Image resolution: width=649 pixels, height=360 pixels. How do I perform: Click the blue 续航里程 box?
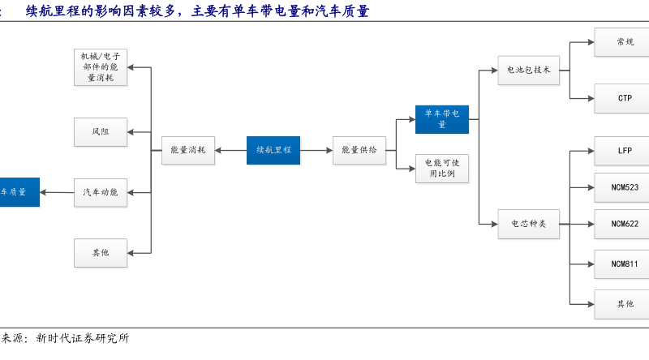click(273, 150)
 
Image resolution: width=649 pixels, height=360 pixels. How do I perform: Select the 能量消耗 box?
click(188, 150)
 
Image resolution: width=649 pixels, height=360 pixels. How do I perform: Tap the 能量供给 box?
click(359, 150)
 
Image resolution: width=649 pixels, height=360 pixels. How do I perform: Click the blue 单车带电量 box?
click(442, 119)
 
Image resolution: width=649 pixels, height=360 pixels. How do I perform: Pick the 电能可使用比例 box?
click(442, 168)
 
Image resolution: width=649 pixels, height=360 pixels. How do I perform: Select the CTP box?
click(624, 98)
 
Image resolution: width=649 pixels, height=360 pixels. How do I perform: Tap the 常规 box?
click(624, 42)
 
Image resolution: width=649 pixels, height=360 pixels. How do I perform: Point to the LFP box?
click(624, 151)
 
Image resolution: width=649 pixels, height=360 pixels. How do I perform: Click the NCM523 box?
click(624, 187)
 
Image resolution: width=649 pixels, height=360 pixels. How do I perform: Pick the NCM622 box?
click(624, 224)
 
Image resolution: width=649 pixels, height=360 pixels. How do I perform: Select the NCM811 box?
click(624, 264)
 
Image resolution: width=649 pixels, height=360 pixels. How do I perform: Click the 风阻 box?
click(101, 131)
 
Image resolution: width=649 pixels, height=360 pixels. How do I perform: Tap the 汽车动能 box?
click(101, 192)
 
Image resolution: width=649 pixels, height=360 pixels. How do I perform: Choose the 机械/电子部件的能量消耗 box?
click(101, 67)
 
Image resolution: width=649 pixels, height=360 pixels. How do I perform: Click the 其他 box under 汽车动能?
click(101, 253)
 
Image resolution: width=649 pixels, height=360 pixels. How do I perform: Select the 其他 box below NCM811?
click(624, 304)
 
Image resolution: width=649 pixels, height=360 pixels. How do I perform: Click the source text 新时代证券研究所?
click(82, 338)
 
